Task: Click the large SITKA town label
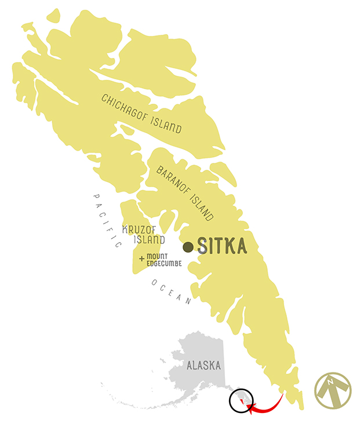click(x=222, y=246)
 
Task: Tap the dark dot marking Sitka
click(x=188, y=247)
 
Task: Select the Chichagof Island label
click(x=141, y=114)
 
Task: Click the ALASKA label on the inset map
click(x=203, y=366)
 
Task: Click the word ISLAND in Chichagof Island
click(x=166, y=122)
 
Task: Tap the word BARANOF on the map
click(x=174, y=182)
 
